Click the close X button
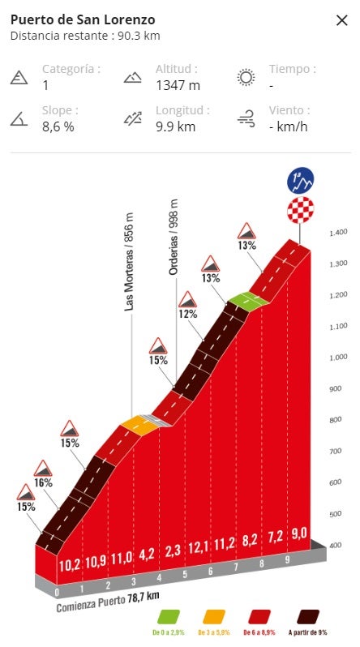coord(341,20)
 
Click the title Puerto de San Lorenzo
coord(83,19)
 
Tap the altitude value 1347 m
coord(178,85)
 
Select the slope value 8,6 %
coord(58,126)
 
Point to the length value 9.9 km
coord(175,126)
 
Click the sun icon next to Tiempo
coord(245,78)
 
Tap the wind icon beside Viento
coord(245,119)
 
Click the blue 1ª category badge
coord(301,180)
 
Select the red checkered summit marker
coord(301,212)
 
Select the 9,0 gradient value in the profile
coord(299,533)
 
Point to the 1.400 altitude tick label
coord(338,234)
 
